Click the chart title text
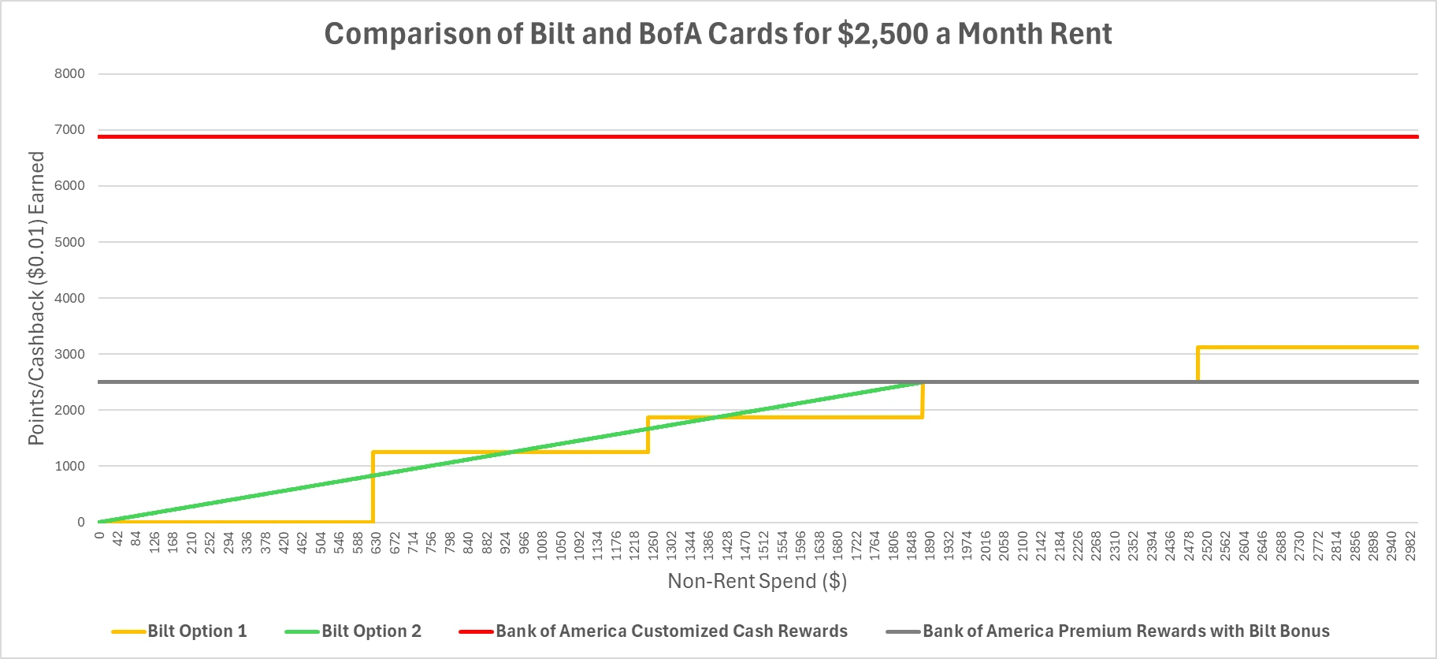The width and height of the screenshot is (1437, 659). (x=718, y=34)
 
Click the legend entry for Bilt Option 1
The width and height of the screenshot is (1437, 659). (x=197, y=631)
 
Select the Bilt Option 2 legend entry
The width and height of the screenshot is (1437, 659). (x=371, y=631)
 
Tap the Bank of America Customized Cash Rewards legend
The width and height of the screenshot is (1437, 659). (x=671, y=631)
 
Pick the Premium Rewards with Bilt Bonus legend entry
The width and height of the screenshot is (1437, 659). (x=1126, y=631)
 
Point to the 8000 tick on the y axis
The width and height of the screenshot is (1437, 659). (x=69, y=74)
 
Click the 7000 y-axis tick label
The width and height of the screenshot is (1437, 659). (x=69, y=130)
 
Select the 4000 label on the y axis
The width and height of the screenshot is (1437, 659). (x=69, y=298)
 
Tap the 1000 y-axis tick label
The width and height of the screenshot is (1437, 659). (x=69, y=466)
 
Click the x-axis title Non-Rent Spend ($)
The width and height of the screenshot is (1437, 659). (x=757, y=582)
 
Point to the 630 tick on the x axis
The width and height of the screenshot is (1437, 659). (x=377, y=545)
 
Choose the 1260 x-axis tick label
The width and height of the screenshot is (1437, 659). (x=654, y=545)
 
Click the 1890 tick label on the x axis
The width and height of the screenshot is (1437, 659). (x=930, y=545)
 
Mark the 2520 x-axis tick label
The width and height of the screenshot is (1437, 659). (x=1207, y=545)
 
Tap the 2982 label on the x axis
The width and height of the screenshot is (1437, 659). (x=1410, y=545)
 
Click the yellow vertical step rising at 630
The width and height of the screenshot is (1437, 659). (x=373, y=489)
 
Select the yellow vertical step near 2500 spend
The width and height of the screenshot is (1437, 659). (x=1197, y=364)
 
